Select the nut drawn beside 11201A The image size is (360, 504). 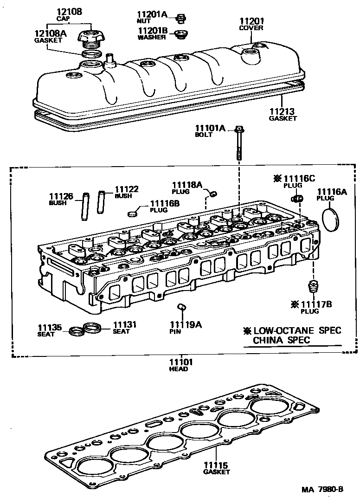181,19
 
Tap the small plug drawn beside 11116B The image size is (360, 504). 133,213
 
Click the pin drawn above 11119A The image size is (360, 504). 182,307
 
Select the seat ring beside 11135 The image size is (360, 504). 76,331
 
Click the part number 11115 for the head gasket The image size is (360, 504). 216,465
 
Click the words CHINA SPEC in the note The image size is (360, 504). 281,340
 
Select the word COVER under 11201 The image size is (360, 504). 251,28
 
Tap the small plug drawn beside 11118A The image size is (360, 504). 213,193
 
